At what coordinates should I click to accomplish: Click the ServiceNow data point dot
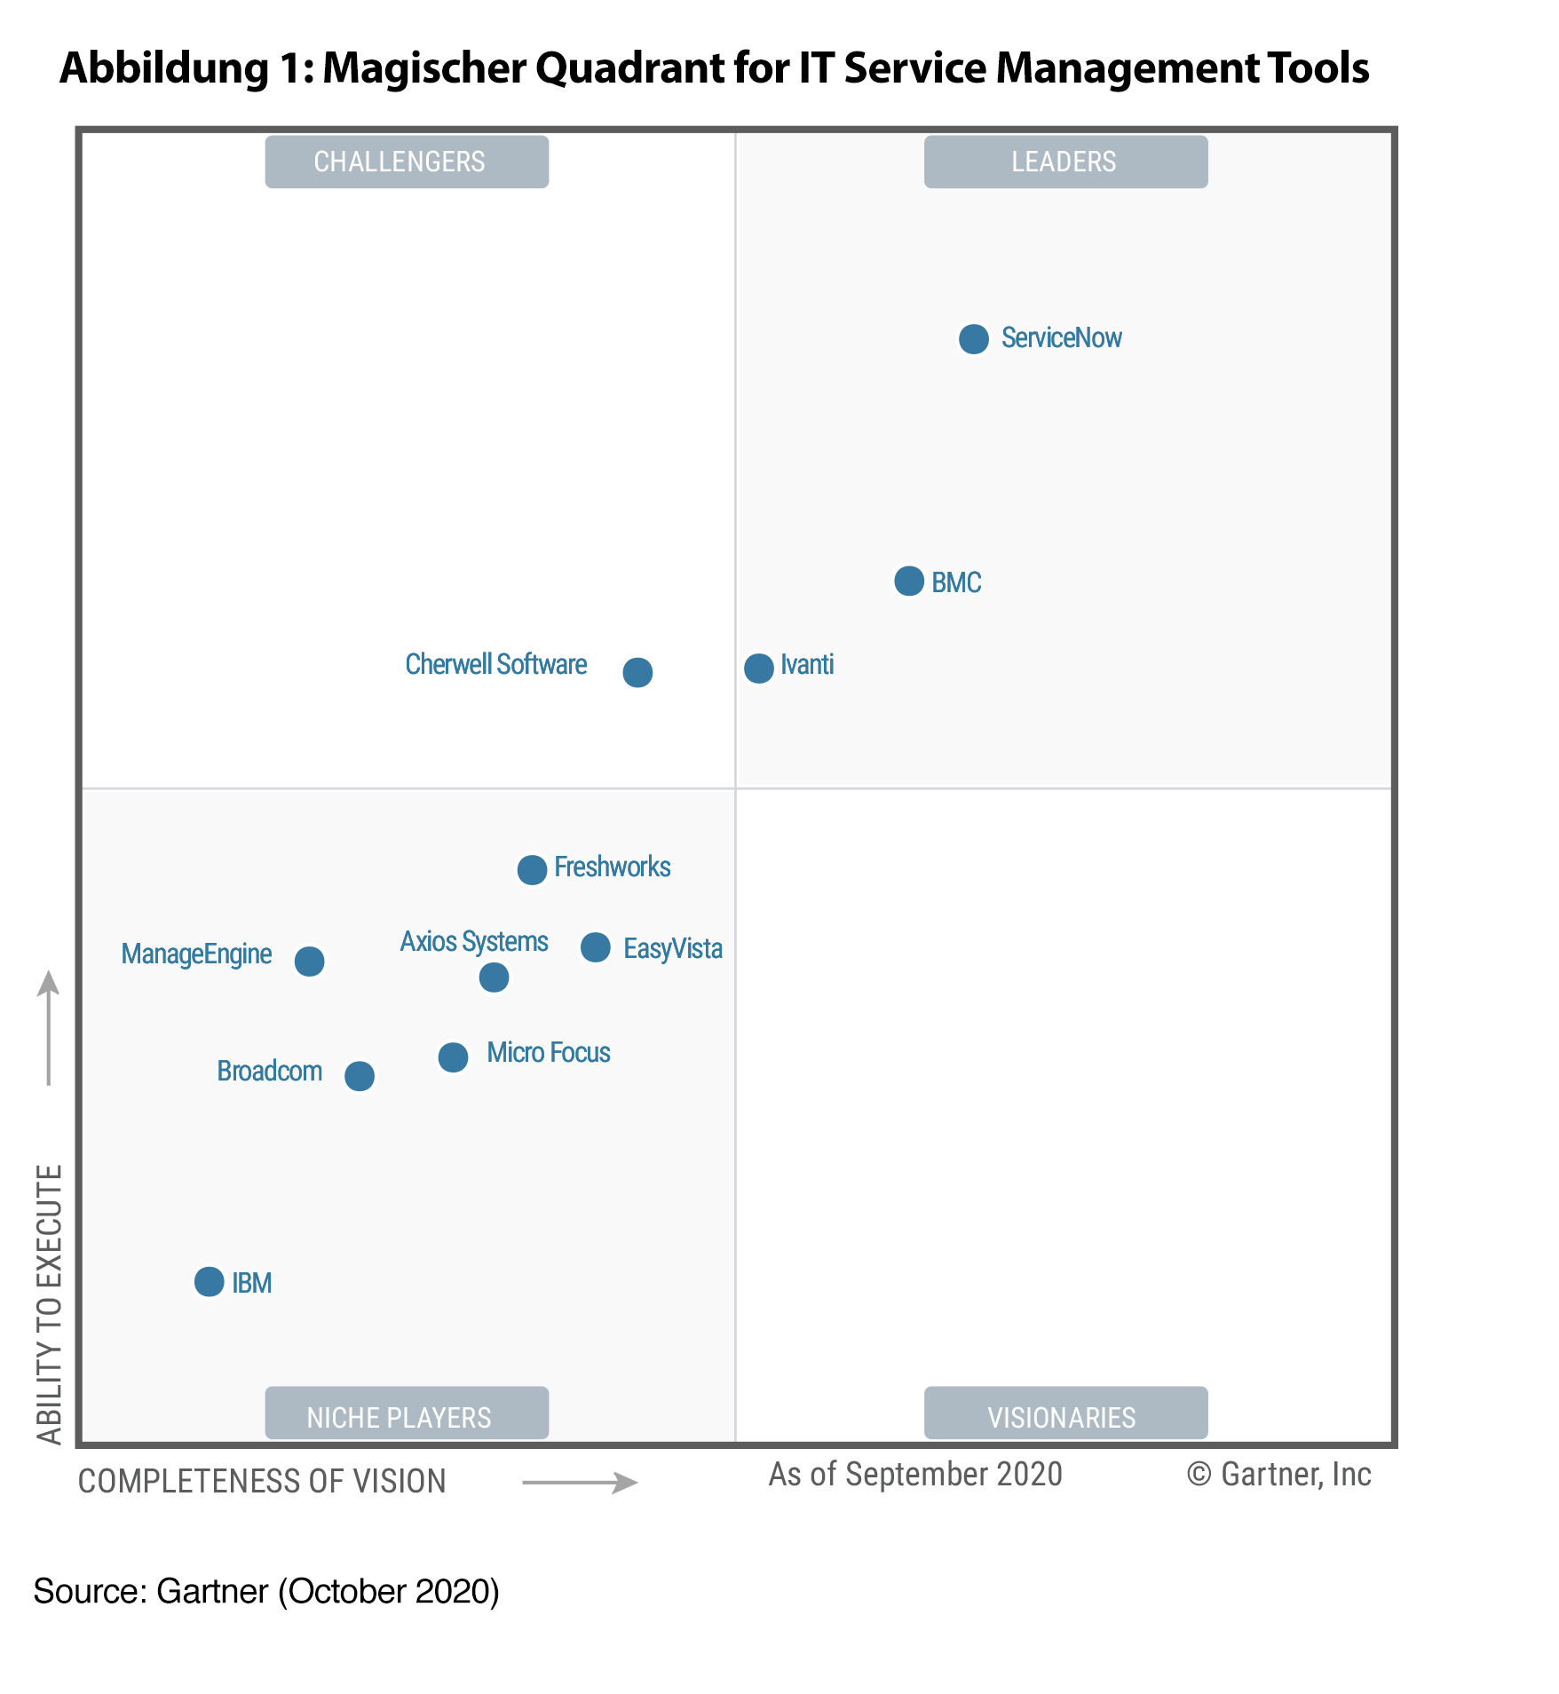coord(973,338)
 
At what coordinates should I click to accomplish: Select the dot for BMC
coord(908,581)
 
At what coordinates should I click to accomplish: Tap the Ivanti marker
coord(758,668)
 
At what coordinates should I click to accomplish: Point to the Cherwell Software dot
coord(637,672)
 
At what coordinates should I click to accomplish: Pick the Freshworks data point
coord(532,869)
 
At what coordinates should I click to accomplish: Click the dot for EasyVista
coord(595,946)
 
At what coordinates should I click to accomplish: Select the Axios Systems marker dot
coord(494,977)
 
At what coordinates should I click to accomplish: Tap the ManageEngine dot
coord(309,960)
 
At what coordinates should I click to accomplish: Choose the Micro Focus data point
coord(453,1057)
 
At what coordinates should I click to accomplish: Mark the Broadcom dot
coord(359,1075)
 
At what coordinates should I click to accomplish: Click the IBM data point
coord(209,1281)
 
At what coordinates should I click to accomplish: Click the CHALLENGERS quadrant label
coord(407,162)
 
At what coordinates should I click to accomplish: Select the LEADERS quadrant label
coord(1065,162)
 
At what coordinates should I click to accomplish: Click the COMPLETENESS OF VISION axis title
coord(262,1481)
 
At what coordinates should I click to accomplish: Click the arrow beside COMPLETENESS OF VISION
coord(580,1482)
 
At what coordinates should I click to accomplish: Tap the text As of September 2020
coord(915,1474)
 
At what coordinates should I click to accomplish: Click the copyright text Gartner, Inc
coord(1279,1474)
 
